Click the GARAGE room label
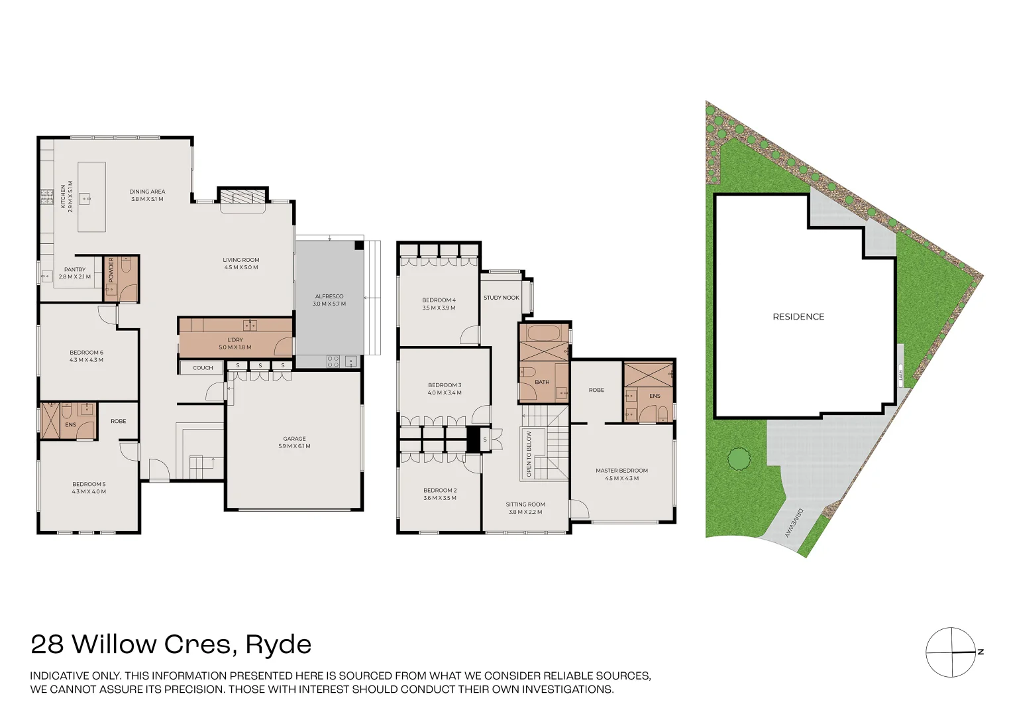(x=294, y=439)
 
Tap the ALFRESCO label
(x=329, y=297)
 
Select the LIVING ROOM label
(x=241, y=261)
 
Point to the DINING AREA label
(x=147, y=192)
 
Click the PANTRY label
(x=75, y=270)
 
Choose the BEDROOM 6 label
(x=86, y=353)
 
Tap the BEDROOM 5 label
(x=89, y=485)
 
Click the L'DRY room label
(x=235, y=340)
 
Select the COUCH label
(x=203, y=368)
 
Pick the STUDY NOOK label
(x=502, y=298)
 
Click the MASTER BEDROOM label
(x=621, y=471)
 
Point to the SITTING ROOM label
(x=525, y=505)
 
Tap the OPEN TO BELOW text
(x=529, y=454)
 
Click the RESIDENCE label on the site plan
(x=798, y=317)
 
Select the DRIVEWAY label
(x=793, y=523)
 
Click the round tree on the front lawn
(x=739, y=459)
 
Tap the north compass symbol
(x=952, y=652)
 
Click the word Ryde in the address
(x=278, y=644)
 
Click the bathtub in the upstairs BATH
(x=543, y=333)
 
